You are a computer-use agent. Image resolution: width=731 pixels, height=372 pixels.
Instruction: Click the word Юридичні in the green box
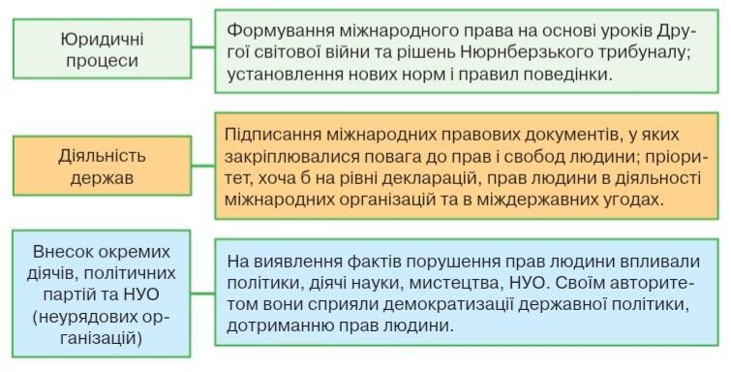(102, 39)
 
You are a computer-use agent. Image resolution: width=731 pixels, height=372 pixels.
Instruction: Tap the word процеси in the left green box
(102, 61)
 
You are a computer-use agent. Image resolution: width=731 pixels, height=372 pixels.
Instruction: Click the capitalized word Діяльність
(102, 155)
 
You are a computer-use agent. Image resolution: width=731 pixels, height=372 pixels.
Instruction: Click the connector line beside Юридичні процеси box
(202, 46)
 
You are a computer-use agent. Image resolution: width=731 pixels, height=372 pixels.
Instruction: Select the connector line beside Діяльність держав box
(202, 166)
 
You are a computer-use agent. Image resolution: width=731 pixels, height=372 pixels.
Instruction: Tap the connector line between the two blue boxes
(202, 294)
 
